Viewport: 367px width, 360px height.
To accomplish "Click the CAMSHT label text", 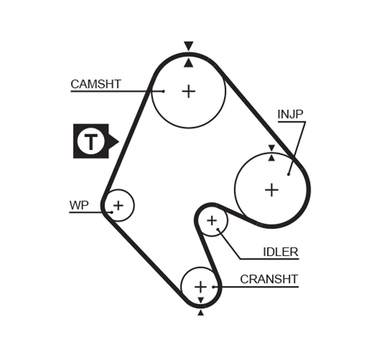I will point(95,84).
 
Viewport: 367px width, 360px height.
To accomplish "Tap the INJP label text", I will point(290,114).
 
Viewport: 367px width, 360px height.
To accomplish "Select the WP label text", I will point(78,205).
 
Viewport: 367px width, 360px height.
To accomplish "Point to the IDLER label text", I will point(280,252).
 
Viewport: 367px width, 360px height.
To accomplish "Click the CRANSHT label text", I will point(269,279).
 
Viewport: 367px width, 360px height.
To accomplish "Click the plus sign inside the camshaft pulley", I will point(188,92).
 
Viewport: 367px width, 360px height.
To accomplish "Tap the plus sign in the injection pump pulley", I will point(272,189).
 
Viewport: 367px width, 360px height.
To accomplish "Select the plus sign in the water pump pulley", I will point(118,205).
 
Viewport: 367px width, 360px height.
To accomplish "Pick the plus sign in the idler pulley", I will point(212,220).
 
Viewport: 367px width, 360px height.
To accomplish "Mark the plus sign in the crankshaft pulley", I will point(201,286).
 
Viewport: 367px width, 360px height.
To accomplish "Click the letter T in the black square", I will point(91,142).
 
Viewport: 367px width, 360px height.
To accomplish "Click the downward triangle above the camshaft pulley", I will point(188,46).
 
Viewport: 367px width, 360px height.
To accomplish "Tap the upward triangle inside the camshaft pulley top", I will point(188,62).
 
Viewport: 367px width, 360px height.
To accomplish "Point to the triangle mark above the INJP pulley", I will point(271,148).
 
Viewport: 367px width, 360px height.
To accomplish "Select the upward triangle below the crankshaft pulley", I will point(201,312).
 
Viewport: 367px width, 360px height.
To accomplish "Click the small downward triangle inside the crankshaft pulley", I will point(201,299).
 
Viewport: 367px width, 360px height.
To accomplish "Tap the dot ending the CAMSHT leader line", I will point(164,91).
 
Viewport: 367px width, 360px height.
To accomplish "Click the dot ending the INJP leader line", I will point(288,174).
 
